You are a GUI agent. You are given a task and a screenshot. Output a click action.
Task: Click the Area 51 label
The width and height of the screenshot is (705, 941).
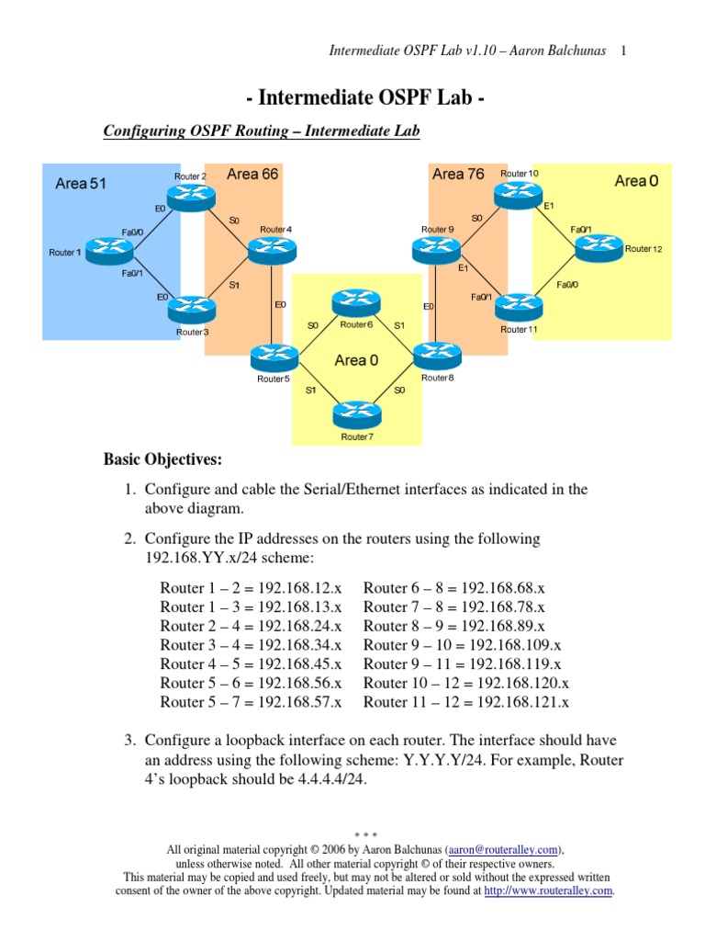[81, 183]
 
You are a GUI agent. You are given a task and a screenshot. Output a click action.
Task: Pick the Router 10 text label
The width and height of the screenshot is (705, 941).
[520, 173]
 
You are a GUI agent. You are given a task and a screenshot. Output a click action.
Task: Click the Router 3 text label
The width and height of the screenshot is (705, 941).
[193, 331]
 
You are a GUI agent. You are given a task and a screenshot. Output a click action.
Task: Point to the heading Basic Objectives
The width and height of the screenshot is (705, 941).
[162, 458]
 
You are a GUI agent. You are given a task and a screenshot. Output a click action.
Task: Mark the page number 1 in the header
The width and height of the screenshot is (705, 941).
[624, 51]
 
